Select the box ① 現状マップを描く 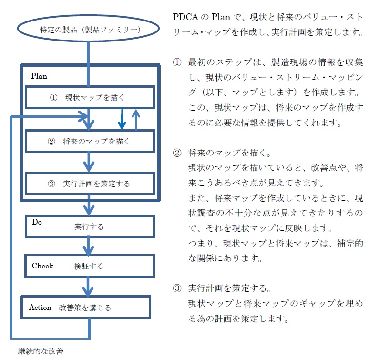(90, 98)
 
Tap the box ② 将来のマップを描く (90, 142)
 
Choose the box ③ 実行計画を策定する (90, 184)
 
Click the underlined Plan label (39, 76)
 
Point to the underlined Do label (37, 223)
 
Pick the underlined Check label (42, 266)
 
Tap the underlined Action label (40, 308)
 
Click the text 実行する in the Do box (89, 226)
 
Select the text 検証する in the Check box (88, 266)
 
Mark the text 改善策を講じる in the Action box (85, 308)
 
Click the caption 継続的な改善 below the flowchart (40, 351)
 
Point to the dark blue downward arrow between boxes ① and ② (122, 119)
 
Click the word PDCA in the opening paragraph (184, 17)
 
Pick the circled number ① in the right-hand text (177, 62)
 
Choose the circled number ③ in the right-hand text (177, 288)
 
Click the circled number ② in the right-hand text (177, 153)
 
